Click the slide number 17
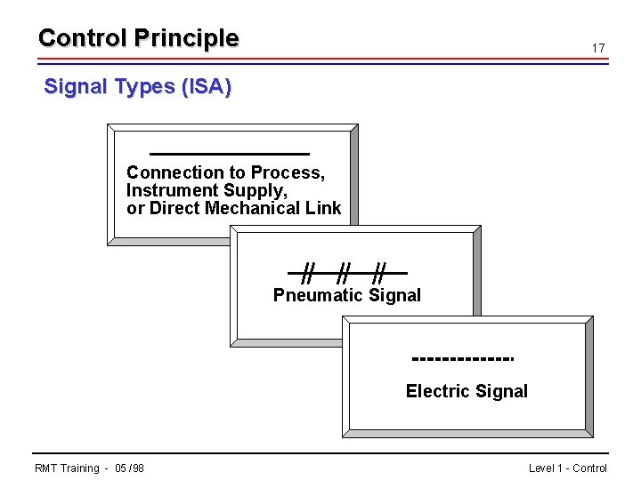598,48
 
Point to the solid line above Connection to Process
229,154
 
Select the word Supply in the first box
260,190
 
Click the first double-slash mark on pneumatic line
308,271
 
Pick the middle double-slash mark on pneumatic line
345,271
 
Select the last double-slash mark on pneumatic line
380,271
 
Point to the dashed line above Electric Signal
464,359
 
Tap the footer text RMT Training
66,468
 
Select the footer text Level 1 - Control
567,468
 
